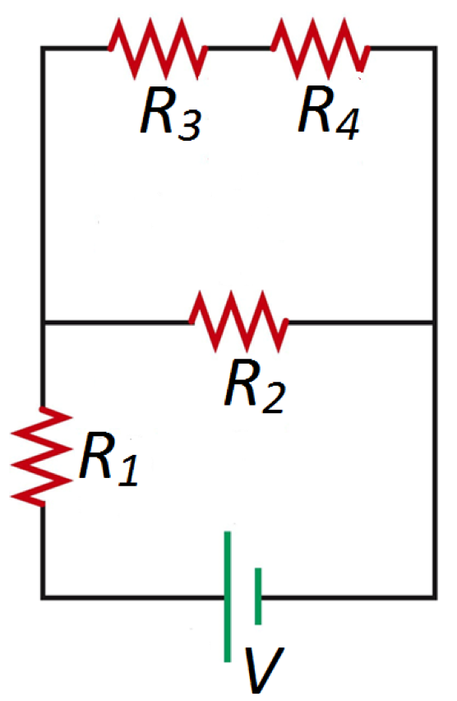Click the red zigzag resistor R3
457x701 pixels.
click(x=157, y=49)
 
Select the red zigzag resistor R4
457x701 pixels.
click(x=320, y=49)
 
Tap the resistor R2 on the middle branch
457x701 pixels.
click(x=238, y=322)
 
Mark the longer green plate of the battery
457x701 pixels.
click(x=228, y=597)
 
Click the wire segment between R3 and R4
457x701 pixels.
click(x=238, y=49)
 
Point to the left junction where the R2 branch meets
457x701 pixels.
click(x=43, y=323)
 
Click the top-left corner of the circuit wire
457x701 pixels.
click(x=43, y=49)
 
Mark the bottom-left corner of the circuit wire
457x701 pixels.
click(x=43, y=597)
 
